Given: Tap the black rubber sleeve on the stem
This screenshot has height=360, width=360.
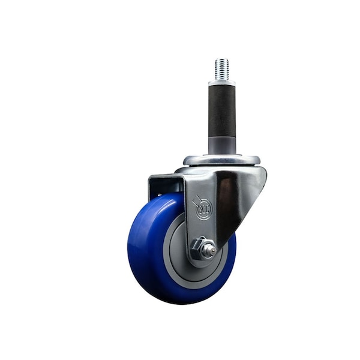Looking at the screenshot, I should pyautogui.click(x=222, y=111).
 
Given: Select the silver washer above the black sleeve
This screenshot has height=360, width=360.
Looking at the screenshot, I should pyautogui.click(x=222, y=82).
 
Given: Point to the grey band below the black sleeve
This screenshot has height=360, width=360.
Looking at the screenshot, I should pyautogui.click(x=222, y=145).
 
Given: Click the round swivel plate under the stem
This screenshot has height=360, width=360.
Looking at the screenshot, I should pyautogui.click(x=222, y=160).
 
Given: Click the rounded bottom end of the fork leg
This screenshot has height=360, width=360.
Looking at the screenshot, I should pyautogui.click(x=201, y=263).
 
